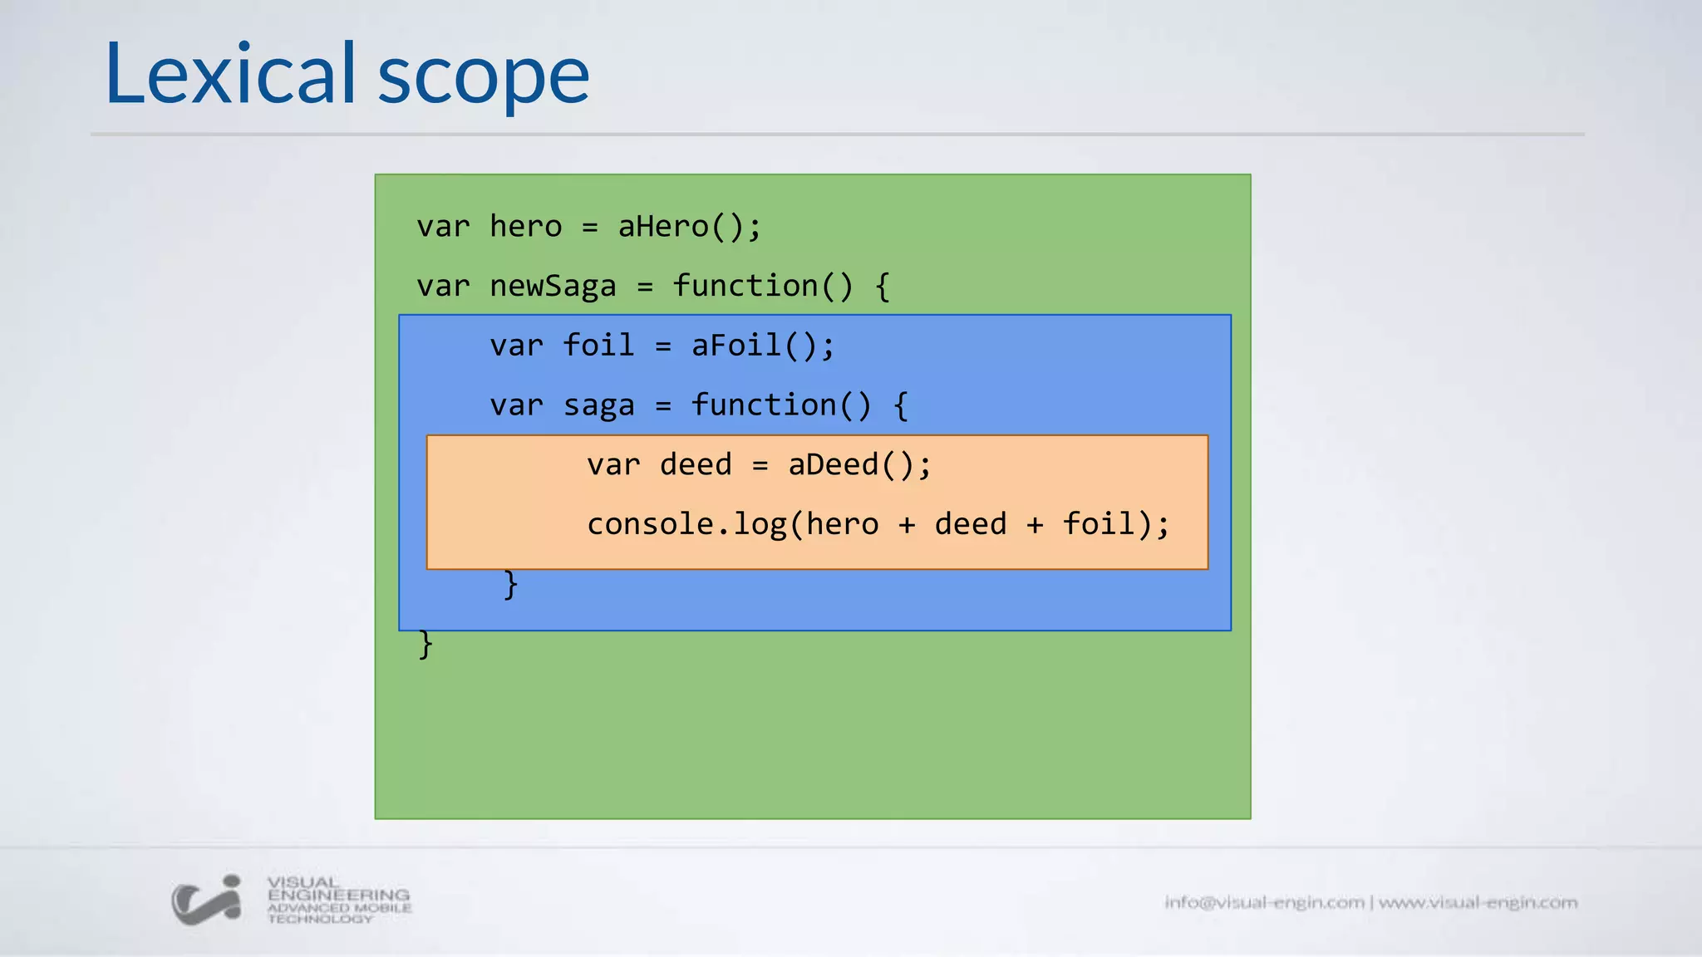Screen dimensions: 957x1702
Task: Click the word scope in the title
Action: (x=484, y=78)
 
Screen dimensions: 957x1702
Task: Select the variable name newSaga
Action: (x=553, y=287)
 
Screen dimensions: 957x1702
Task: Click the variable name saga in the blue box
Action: (x=598, y=406)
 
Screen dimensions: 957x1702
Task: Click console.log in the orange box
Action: (x=686, y=524)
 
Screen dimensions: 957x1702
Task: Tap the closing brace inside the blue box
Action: (x=510, y=584)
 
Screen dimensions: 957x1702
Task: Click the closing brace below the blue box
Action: (x=425, y=644)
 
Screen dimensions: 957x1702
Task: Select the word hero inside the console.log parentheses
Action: (x=842, y=524)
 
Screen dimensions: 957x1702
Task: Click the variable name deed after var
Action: (x=696, y=465)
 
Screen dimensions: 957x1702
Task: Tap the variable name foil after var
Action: (x=598, y=346)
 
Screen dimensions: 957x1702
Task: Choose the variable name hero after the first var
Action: (x=525, y=227)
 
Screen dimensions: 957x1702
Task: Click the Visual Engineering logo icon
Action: (x=207, y=900)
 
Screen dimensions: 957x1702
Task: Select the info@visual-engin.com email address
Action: (x=1264, y=902)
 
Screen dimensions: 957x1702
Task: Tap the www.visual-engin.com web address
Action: (x=1478, y=902)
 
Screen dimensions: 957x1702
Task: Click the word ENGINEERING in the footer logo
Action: (x=338, y=896)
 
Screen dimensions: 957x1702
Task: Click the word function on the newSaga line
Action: (x=745, y=287)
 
